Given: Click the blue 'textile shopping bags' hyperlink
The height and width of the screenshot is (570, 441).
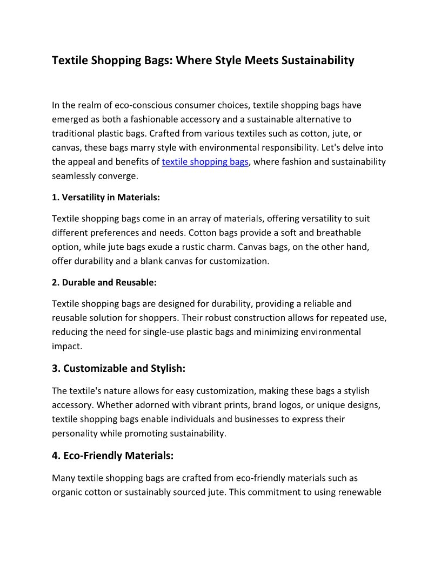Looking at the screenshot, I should [205, 161].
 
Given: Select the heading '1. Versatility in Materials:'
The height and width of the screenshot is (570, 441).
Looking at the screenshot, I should [106, 198].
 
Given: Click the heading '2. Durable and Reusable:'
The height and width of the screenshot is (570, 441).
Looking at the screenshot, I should [104, 282].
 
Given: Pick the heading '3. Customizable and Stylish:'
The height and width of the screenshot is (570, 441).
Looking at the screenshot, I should [118, 369].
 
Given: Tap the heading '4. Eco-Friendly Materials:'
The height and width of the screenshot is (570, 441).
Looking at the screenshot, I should [112, 456].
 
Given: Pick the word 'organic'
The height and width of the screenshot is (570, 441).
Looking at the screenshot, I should [68, 492].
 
